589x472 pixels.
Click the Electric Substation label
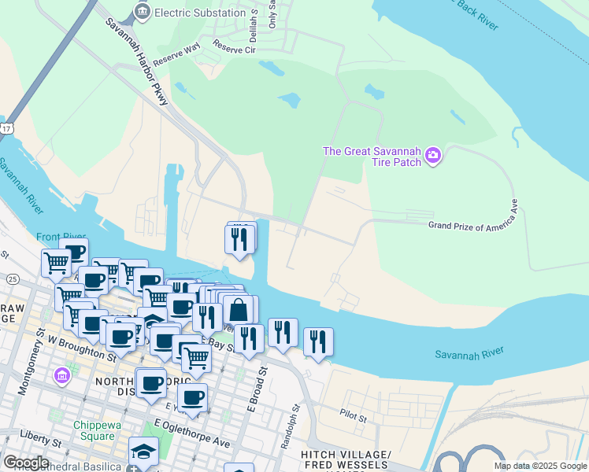(x=199, y=13)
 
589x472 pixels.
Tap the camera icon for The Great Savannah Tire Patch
(x=432, y=156)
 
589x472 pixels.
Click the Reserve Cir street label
(x=235, y=50)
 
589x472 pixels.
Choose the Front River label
(x=61, y=237)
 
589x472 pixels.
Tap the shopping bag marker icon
(x=239, y=310)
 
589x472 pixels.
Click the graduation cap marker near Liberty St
(x=143, y=452)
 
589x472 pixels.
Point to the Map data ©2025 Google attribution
(x=539, y=466)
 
